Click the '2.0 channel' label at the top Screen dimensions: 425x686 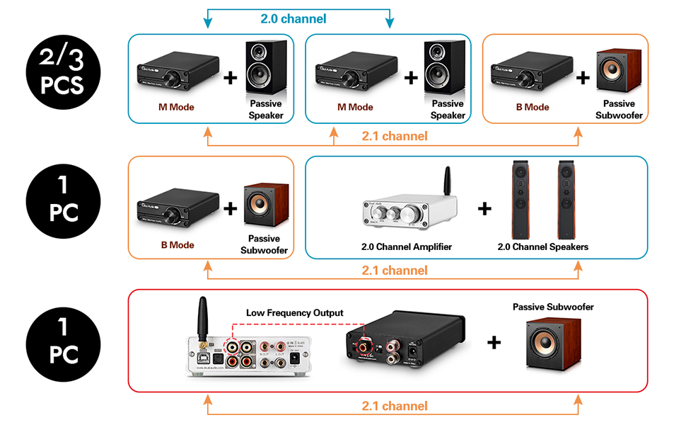tap(293, 18)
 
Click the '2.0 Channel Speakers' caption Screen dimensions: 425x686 tap(542, 246)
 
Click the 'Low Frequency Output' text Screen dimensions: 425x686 tap(294, 312)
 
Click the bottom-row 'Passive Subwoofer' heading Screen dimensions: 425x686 tap(553, 307)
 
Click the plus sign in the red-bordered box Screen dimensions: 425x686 tap(494, 343)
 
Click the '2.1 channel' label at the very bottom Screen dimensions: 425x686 tap(394, 406)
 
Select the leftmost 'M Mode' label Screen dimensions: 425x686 tap(175, 107)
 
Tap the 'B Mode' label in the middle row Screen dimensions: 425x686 tap(176, 245)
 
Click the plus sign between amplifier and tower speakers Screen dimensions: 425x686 tap(484, 209)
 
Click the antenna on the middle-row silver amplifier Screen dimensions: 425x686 tap(446, 184)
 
